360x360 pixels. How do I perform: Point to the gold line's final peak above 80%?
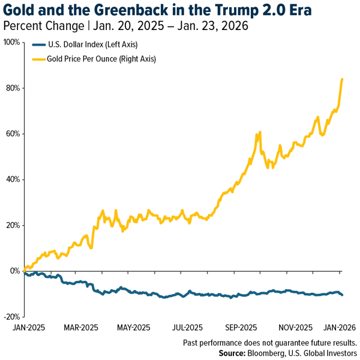[342, 79]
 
